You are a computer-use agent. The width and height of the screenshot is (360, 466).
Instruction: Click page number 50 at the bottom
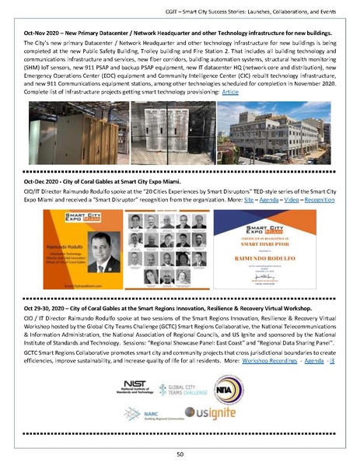[x=180, y=453]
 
